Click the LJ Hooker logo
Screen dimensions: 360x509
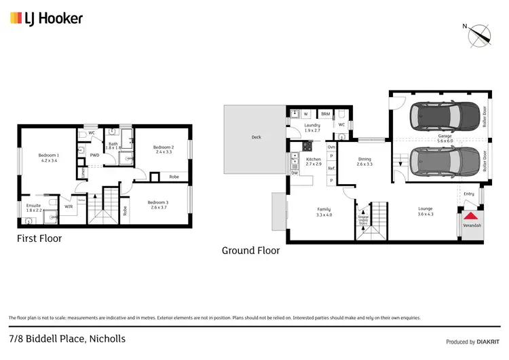(46, 18)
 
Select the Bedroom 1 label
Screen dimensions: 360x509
(48, 158)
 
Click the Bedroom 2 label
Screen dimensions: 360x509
(164, 149)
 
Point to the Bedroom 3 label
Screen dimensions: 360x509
(159, 204)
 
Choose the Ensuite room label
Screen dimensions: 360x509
(34, 207)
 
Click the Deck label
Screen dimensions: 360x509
(256, 137)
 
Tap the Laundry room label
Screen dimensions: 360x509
(312, 127)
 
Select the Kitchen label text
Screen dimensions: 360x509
(313, 161)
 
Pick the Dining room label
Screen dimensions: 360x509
(365, 161)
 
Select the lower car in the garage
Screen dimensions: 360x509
(436, 162)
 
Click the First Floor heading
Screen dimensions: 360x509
(39, 238)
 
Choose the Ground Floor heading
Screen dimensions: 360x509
(250, 250)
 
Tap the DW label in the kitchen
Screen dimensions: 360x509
(295, 173)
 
